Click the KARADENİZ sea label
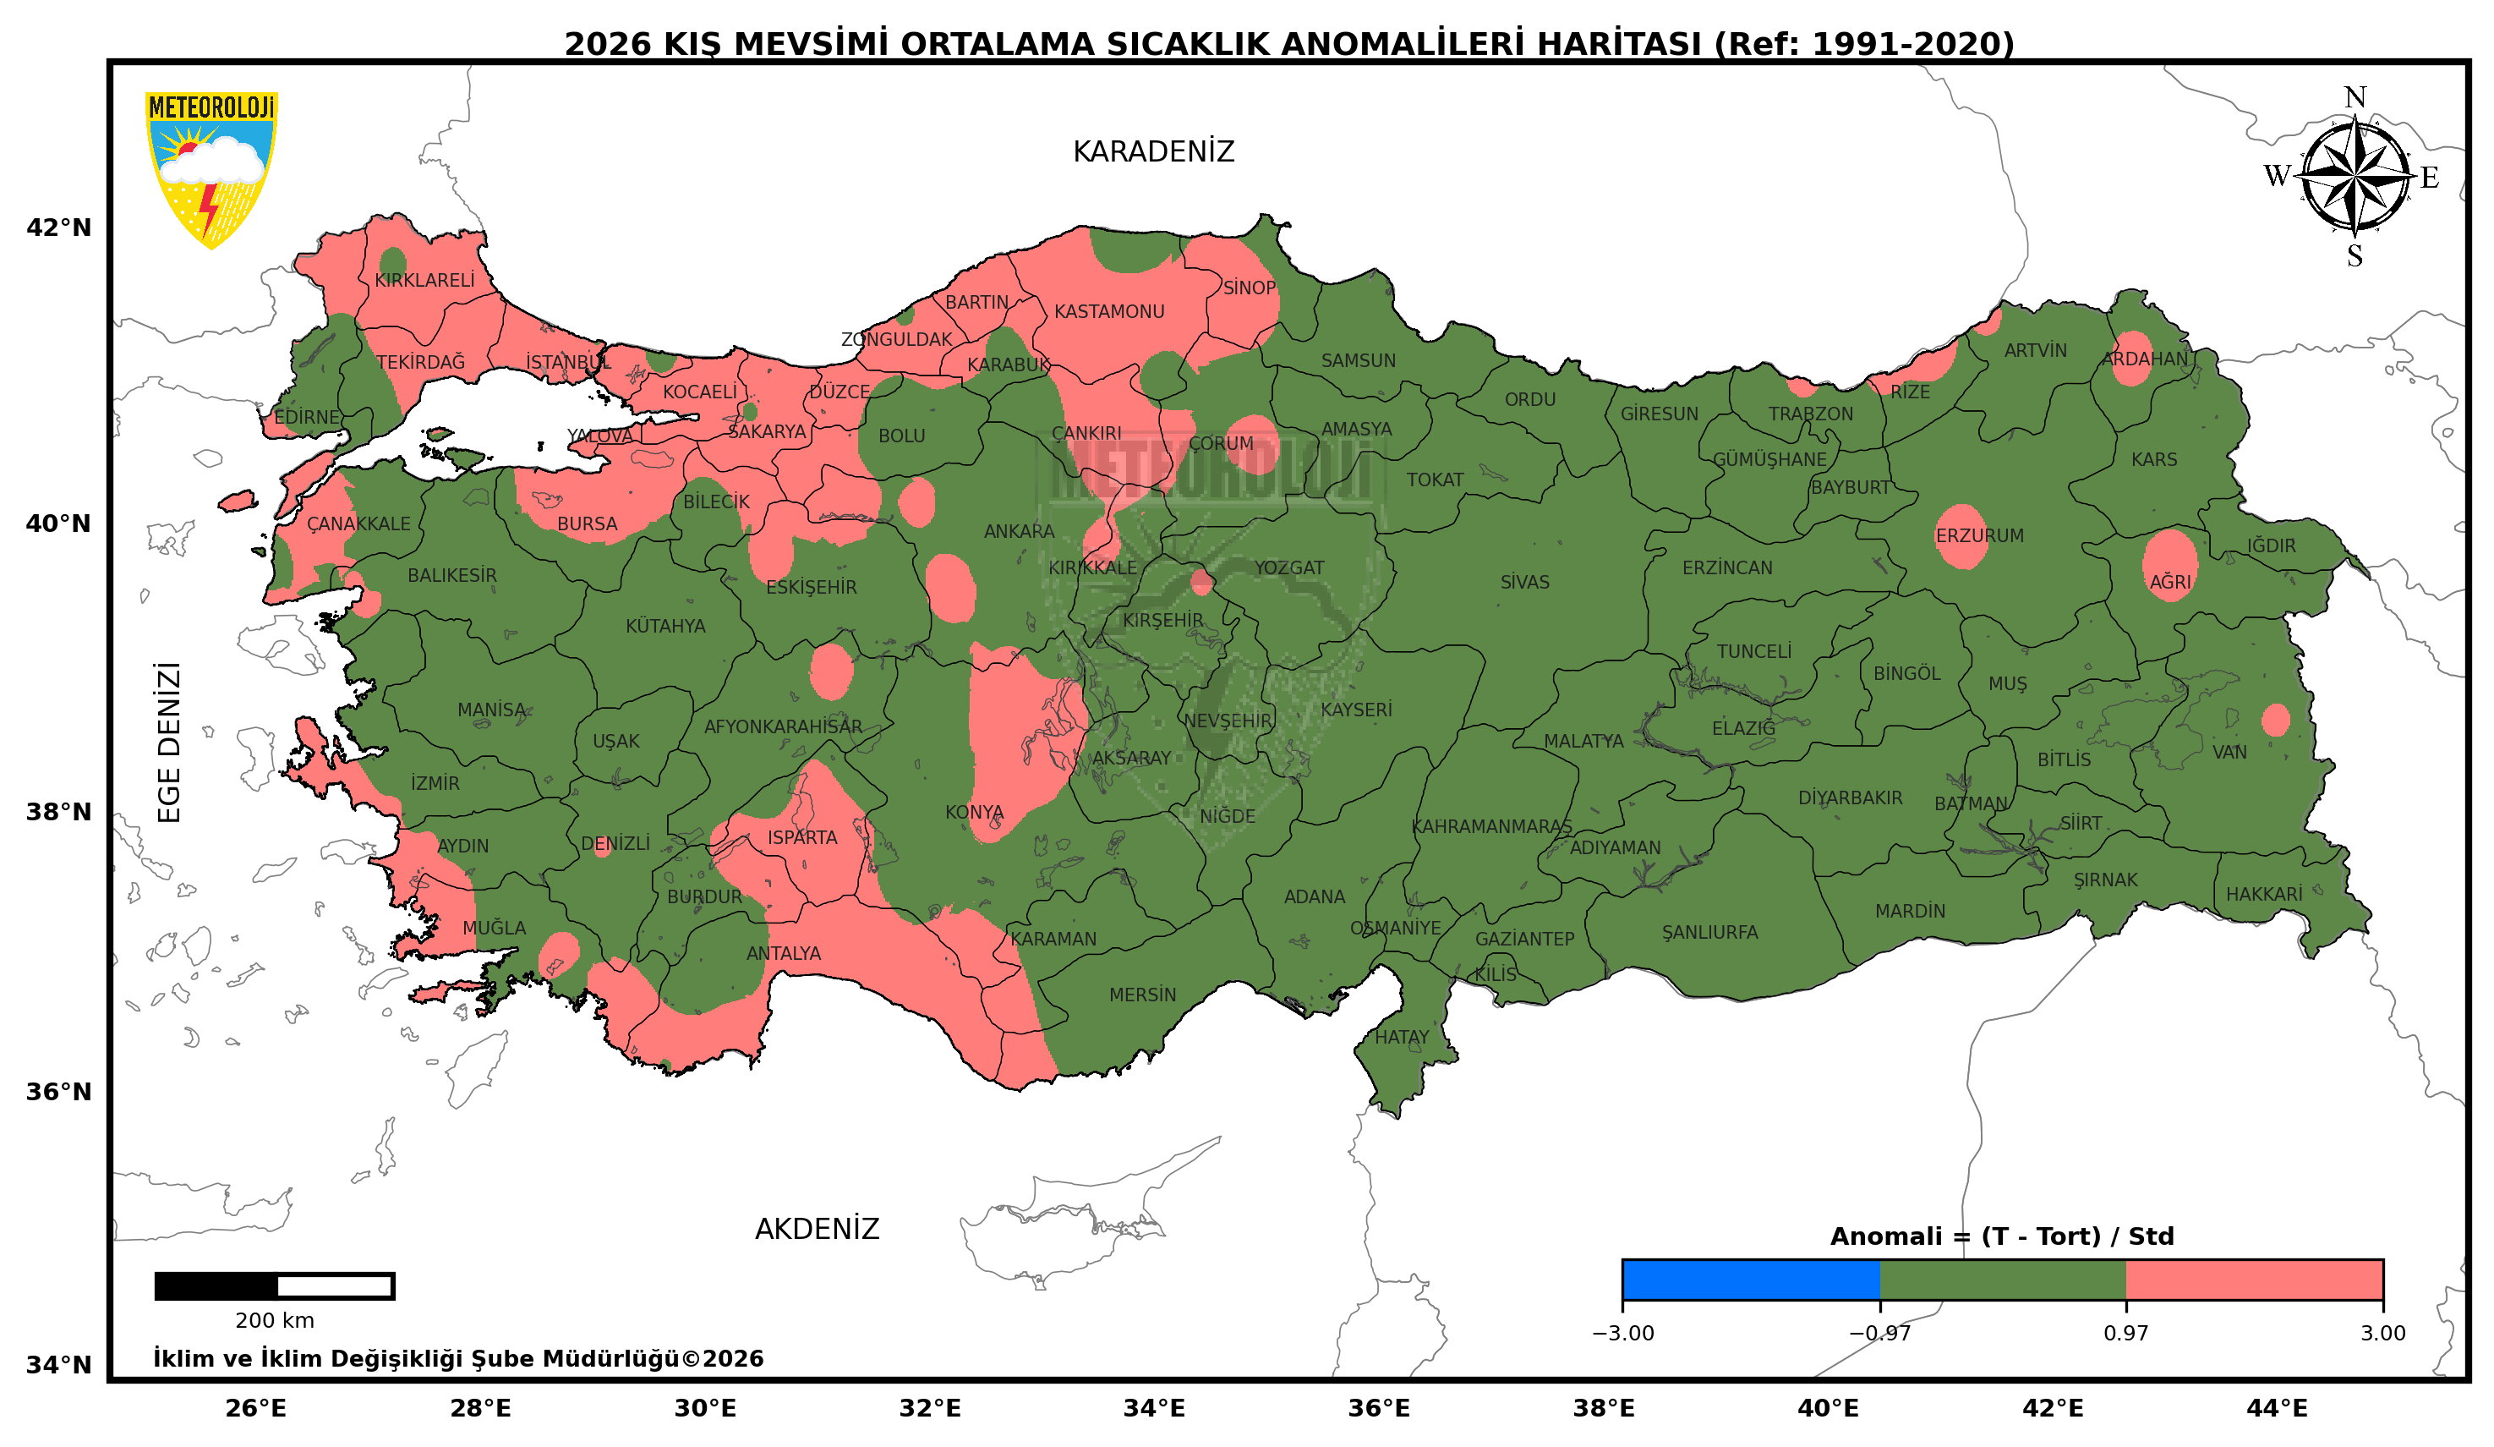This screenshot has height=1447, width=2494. [1153, 151]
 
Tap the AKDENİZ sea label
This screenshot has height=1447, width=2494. [817, 1230]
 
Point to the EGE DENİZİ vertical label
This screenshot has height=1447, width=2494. [170, 743]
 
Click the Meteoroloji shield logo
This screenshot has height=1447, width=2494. [211, 168]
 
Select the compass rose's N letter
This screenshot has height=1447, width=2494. [2355, 97]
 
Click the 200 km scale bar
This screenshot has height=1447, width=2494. [274, 1285]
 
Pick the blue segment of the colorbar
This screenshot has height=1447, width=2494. [1750, 1280]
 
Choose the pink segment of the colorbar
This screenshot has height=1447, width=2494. [2254, 1280]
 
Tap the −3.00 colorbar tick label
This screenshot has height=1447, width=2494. [1622, 1333]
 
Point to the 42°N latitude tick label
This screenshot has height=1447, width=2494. [58, 227]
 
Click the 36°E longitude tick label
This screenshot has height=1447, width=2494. [1379, 1408]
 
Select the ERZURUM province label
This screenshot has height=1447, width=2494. [1979, 535]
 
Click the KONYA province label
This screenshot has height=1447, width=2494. [974, 813]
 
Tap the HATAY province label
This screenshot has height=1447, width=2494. [1402, 1037]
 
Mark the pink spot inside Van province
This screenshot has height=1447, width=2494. [2275, 720]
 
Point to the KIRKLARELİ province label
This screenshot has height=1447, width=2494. [424, 280]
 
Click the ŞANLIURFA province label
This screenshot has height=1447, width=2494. [1709, 932]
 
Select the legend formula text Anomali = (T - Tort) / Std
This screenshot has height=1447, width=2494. [2001, 1236]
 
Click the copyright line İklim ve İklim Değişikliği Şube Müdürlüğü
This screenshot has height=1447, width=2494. [457, 1359]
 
